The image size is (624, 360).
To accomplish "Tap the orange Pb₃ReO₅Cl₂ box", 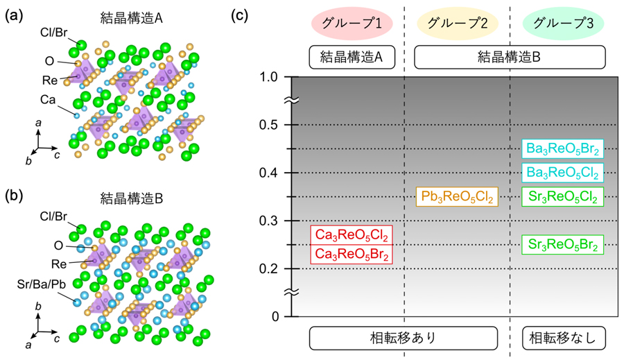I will (457, 197).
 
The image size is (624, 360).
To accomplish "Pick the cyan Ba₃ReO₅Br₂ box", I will (562, 148).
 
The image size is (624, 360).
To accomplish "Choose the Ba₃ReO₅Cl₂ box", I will (562, 172).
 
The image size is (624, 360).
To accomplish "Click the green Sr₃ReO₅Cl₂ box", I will (562, 197).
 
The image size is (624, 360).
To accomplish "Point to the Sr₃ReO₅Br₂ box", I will (562, 244).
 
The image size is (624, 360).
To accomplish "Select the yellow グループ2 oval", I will (458, 23).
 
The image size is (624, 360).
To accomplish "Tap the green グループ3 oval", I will (563, 23).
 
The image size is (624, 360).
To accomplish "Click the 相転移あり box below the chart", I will (404, 338).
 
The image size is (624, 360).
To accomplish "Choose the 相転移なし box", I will (563, 338).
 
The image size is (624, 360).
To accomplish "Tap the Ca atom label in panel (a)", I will (48, 101).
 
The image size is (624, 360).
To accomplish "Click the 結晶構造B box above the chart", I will (510, 58).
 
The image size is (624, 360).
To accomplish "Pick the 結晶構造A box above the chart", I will (352, 58).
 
